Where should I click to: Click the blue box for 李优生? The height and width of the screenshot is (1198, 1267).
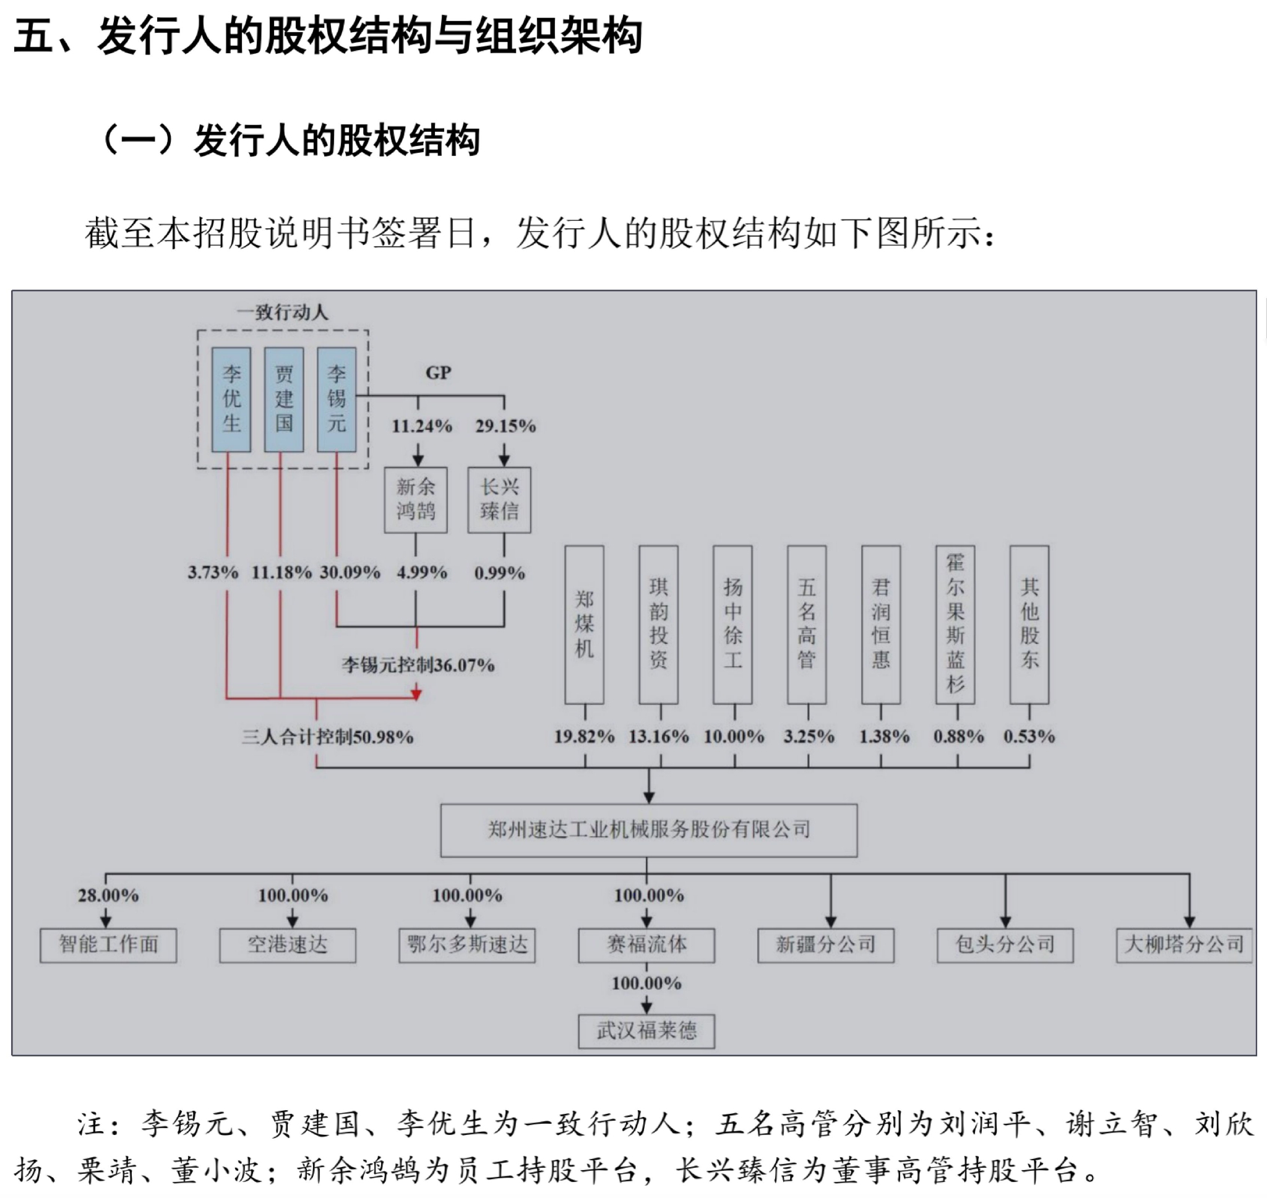click(231, 399)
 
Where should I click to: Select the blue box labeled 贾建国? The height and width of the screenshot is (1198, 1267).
click(283, 399)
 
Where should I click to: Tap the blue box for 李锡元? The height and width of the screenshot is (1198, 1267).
click(337, 399)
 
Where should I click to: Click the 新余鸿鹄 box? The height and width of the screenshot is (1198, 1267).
click(416, 500)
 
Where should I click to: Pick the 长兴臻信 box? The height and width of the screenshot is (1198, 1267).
click(499, 500)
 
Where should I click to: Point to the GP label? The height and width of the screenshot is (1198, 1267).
click(438, 373)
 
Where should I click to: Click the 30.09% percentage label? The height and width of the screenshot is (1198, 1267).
click(350, 572)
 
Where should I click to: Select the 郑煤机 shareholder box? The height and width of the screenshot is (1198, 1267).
click(585, 625)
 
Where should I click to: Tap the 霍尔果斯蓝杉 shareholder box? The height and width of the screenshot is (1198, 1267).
click(955, 625)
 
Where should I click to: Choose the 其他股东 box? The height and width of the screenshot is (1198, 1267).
click(1029, 625)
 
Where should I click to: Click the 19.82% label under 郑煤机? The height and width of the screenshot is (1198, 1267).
click(585, 737)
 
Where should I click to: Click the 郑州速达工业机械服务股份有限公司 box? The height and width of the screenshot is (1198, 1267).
click(649, 830)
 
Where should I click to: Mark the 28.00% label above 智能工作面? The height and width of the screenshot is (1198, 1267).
click(108, 896)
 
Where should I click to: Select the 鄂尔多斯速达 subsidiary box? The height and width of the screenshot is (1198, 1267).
click(468, 945)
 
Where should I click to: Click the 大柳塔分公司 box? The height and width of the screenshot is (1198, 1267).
click(1184, 945)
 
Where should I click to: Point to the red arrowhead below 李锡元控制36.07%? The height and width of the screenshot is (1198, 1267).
click(417, 694)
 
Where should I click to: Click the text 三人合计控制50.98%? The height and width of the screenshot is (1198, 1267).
click(328, 738)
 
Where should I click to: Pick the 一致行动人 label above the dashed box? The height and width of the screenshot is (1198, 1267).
click(282, 312)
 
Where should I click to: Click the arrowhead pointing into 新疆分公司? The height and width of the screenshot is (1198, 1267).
click(831, 922)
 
